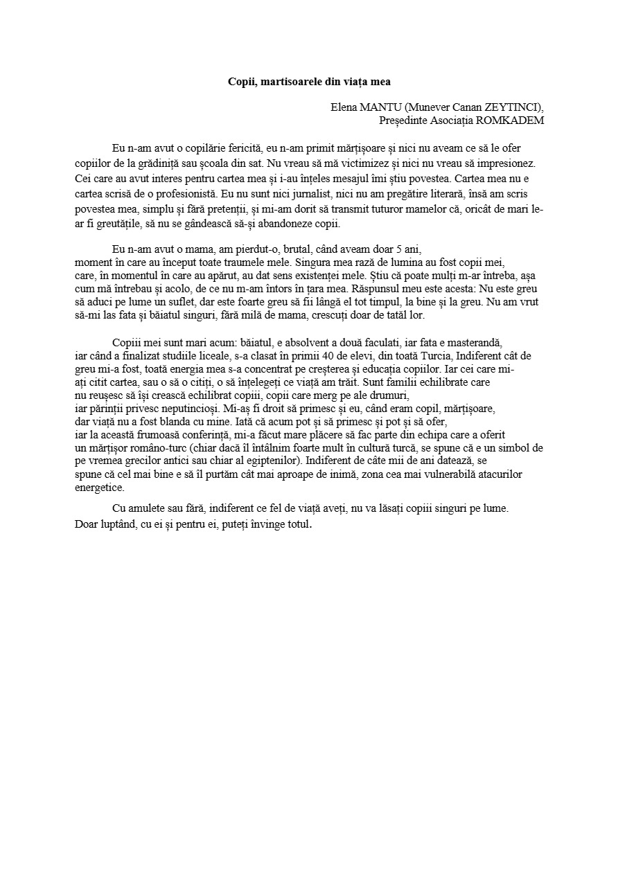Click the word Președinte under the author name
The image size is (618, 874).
click(405, 121)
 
